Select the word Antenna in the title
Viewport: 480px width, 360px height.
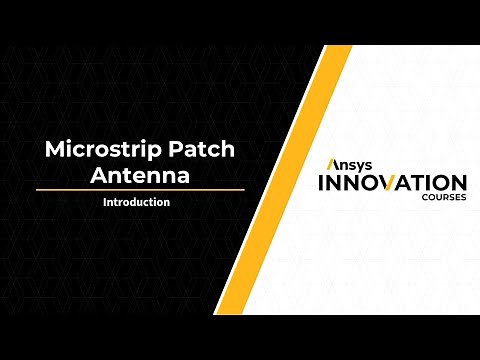(140, 175)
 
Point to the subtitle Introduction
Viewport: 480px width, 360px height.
(136, 202)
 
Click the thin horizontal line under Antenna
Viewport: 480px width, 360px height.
(140, 189)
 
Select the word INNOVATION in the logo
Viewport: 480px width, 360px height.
(391, 183)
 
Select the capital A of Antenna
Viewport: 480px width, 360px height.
(98, 175)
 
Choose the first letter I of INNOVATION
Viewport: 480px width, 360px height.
(320, 183)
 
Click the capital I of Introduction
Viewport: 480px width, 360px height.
(105, 202)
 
